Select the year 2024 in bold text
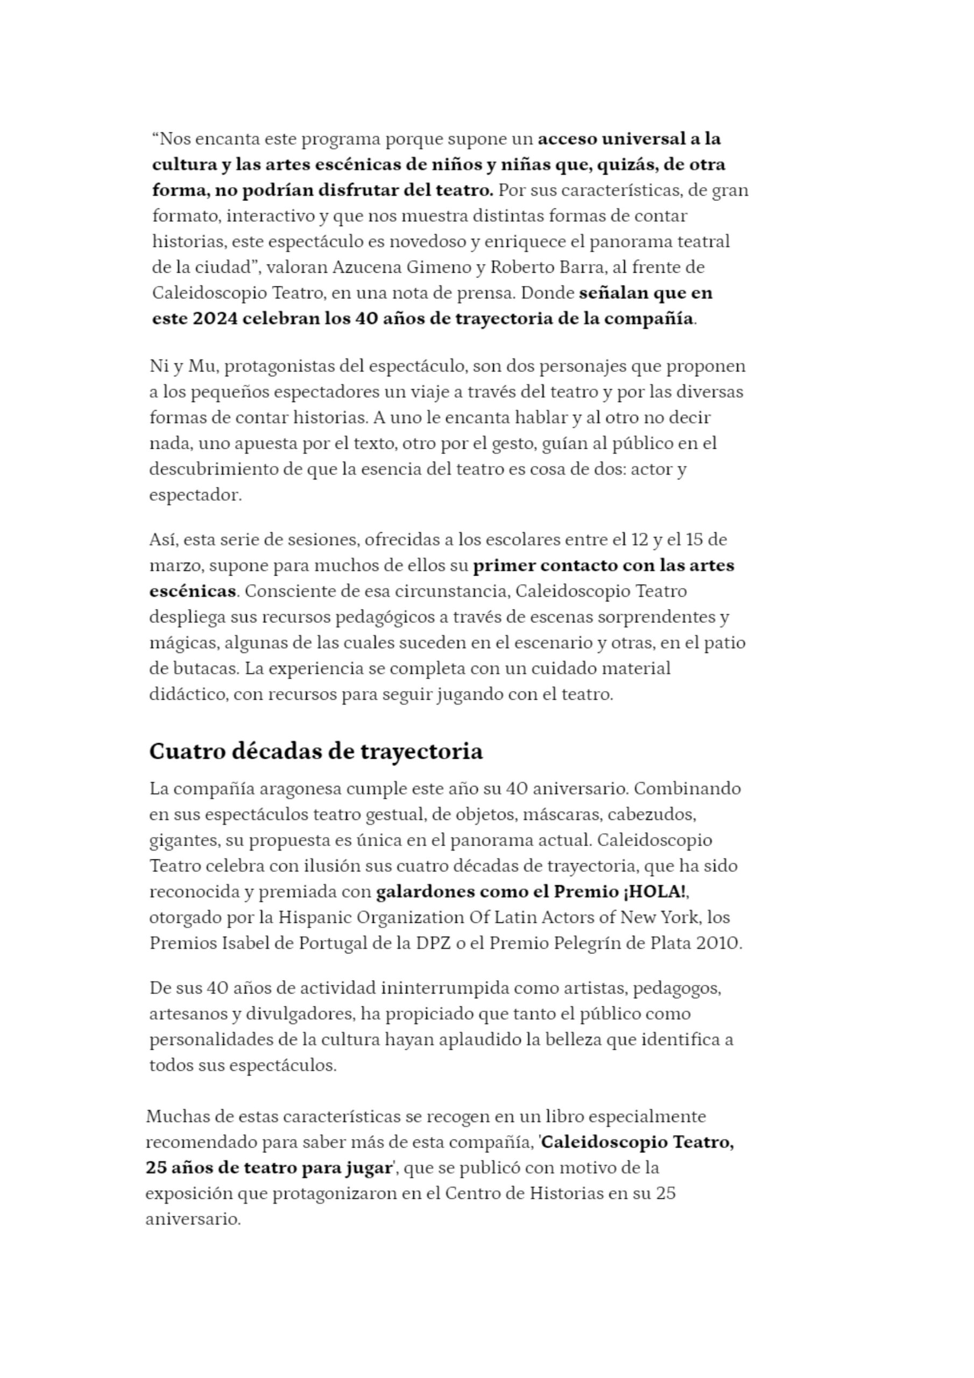point(215,319)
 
